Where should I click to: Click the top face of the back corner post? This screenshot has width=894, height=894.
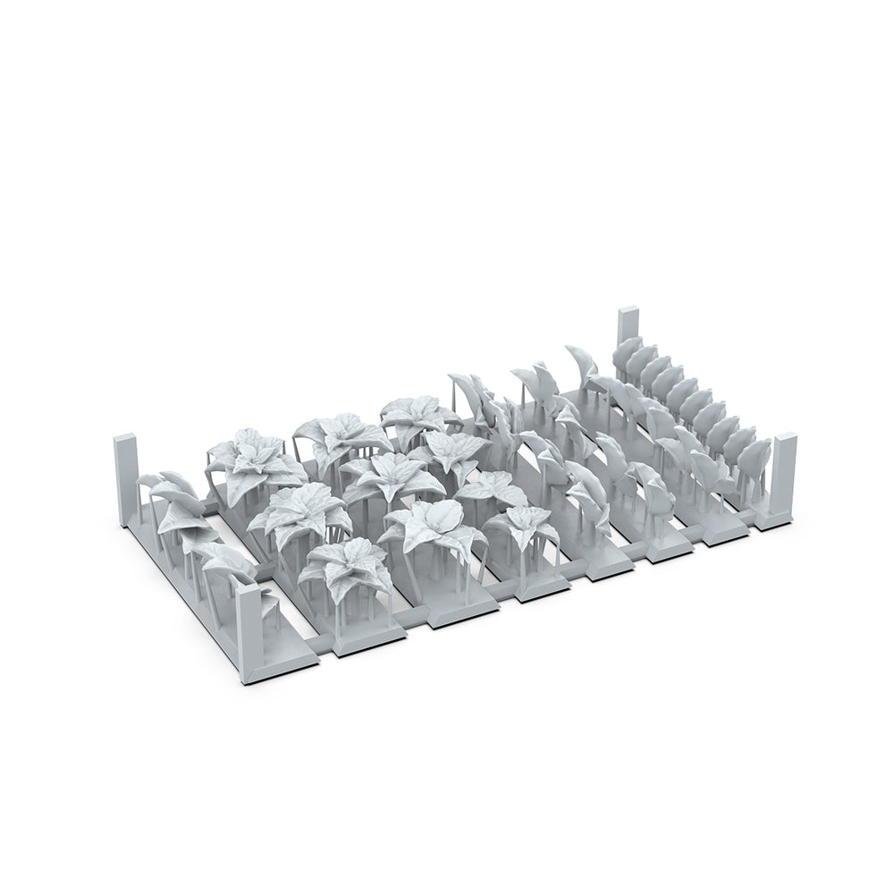[628, 311]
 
